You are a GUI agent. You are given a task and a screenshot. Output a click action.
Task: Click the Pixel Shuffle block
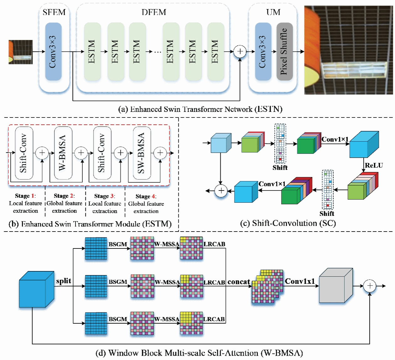284,51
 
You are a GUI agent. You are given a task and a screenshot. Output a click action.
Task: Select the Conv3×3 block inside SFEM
53,51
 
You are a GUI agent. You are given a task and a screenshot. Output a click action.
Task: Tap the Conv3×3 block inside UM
263,51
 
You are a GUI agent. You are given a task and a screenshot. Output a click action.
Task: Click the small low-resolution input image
21,52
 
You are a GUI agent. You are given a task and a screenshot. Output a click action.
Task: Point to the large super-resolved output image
348,50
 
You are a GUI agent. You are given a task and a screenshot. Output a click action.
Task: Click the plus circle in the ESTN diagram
240,51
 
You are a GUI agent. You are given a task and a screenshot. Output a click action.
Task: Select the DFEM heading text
154,12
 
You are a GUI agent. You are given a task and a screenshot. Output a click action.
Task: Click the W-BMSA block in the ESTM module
63,153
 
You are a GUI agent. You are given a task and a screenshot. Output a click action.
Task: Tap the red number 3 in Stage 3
112,196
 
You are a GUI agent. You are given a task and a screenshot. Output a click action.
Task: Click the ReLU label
374,165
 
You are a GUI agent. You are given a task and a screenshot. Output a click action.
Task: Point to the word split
64,281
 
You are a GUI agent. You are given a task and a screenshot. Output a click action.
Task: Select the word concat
239,282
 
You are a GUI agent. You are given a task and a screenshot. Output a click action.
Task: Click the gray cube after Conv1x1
336,286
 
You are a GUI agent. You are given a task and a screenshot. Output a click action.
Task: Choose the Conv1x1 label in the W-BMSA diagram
300,281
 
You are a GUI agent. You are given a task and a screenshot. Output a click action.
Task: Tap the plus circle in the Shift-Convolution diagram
221,190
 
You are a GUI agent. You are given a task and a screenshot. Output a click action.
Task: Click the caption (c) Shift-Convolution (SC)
288,223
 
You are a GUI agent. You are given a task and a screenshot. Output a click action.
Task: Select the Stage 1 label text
25,196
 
